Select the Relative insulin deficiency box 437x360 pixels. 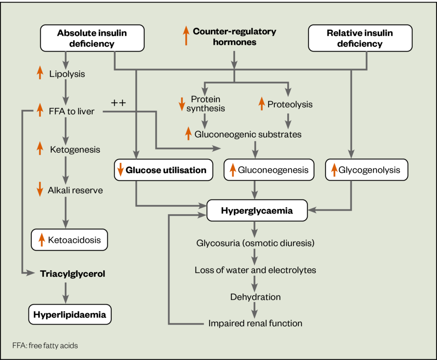(360, 38)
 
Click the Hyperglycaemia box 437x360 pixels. (257, 210)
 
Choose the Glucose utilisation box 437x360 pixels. (163, 170)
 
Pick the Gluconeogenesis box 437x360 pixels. (269, 170)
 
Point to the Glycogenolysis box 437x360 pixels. (366, 170)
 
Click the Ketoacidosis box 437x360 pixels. (69, 240)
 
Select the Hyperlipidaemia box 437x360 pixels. (70, 316)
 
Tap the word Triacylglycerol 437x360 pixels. (73, 273)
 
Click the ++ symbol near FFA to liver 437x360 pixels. (118, 103)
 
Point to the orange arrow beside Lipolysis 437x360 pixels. (40, 74)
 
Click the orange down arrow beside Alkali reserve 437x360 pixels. (40, 189)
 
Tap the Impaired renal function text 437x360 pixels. (255, 323)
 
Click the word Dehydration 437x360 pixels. (255, 297)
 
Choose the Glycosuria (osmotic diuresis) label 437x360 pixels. (255, 244)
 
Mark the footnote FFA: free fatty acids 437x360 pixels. (45, 345)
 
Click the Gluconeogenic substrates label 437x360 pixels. (248, 134)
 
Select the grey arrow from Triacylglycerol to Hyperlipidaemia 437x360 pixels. (65, 293)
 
